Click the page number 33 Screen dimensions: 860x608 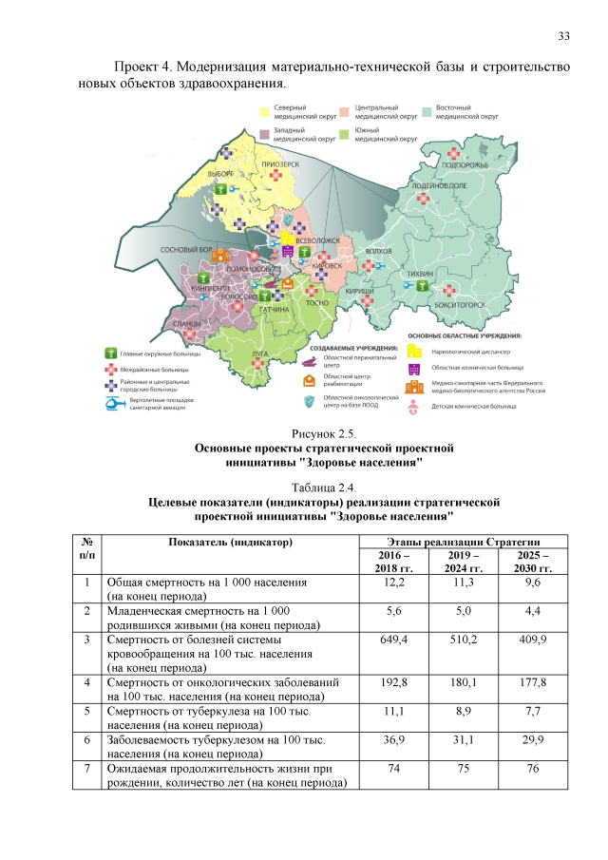563,36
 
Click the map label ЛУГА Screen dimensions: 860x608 258,354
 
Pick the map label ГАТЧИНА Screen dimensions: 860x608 275,310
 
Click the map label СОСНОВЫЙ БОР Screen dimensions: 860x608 183,250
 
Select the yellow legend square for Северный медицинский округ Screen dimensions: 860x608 266,112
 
